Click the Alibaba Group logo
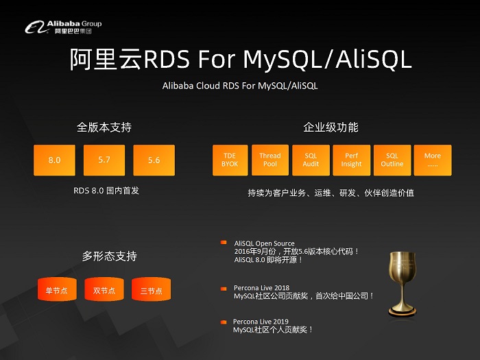pos(63,27)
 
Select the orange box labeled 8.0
pos(54,160)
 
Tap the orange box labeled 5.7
pos(104,160)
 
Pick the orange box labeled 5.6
pos(154,160)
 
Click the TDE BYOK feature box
pos(230,160)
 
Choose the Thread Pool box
pos(269,160)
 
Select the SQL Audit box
pos(311,160)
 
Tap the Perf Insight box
pos(351,160)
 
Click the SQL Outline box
pos(392,160)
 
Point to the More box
pos(432,160)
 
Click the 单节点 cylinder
pos(56,290)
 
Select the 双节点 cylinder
pos(104,290)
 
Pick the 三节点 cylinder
pos(152,290)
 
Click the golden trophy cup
pos(403,283)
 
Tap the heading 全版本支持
pos(104,128)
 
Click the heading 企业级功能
pos(331,128)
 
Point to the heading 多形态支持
pos(110,256)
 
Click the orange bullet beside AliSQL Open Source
pos(223,243)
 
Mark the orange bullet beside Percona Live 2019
pos(223,322)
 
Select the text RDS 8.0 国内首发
pos(106,190)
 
